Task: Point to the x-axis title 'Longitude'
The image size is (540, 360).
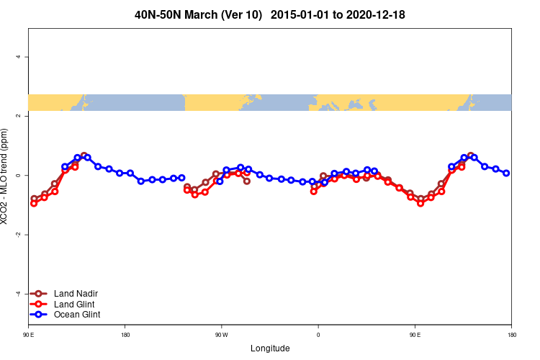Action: [270, 348]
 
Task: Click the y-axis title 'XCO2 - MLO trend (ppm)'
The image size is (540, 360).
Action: [6, 176]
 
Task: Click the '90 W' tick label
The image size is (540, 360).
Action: [221, 335]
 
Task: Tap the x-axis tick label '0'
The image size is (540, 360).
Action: [318, 335]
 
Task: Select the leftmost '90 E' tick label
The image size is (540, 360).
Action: [29, 335]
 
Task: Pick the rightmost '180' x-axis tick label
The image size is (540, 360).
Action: [511, 335]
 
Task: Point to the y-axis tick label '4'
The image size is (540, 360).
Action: [18, 57]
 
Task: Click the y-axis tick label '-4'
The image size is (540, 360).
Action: [18, 294]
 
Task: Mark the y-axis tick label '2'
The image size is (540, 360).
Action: [18, 116]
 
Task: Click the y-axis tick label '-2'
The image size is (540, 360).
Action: [18, 235]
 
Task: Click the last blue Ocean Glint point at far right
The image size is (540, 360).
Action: [506, 173]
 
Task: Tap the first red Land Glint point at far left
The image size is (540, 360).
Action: [34, 203]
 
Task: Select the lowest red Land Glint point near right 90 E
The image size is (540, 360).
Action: [420, 203]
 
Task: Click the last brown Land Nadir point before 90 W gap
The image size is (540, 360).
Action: [247, 181]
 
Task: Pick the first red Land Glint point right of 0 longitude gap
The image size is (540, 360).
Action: [314, 192]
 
